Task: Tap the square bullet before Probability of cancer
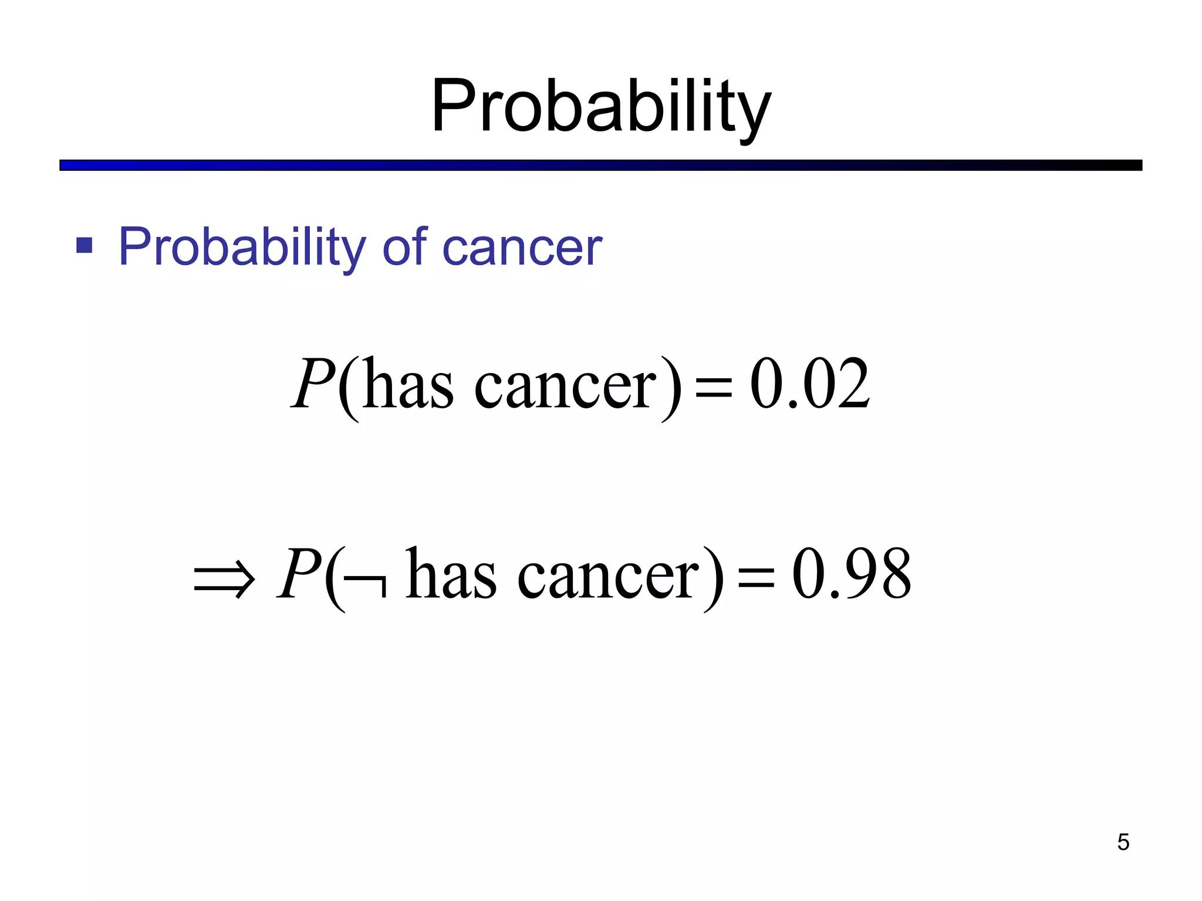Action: point(85,245)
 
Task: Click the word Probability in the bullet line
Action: point(242,248)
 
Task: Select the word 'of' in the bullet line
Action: point(404,246)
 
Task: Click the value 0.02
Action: point(810,384)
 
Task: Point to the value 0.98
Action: point(852,574)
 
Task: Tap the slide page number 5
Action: point(1123,842)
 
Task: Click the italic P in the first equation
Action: point(313,384)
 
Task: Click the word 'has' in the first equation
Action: point(408,384)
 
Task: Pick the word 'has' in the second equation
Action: point(451,574)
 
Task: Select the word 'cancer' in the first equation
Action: point(565,387)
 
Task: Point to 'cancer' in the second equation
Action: point(608,577)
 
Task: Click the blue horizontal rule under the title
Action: point(600,165)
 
